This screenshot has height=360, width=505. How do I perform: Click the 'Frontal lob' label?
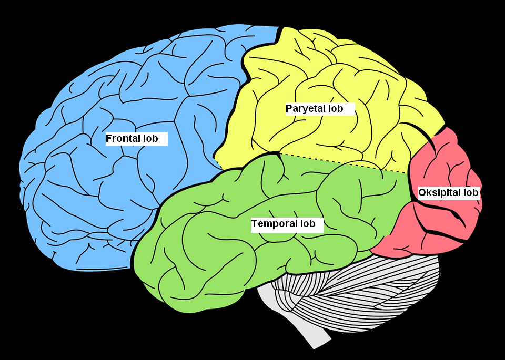[136, 139]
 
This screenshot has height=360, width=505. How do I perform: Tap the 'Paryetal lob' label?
[319, 109]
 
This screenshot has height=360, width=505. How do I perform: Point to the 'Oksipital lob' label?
[448, 193]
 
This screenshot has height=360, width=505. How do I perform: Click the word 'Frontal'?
[124, 139]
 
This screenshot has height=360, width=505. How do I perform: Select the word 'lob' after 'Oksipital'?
[471, 193]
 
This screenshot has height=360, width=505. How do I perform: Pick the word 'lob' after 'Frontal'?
[150, 139]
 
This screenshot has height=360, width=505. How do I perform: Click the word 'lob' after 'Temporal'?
[307, 224]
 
